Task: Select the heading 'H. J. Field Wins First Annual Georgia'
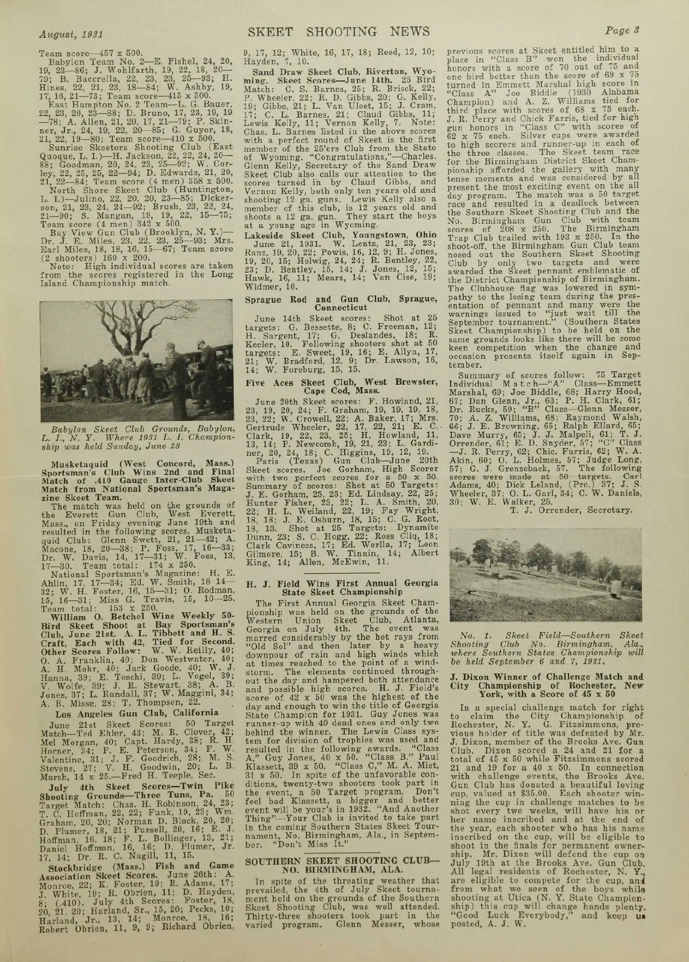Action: coord(342,584)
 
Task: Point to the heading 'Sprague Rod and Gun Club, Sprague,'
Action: coord(342,299)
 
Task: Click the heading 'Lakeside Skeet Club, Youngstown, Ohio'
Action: coord(342,234)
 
